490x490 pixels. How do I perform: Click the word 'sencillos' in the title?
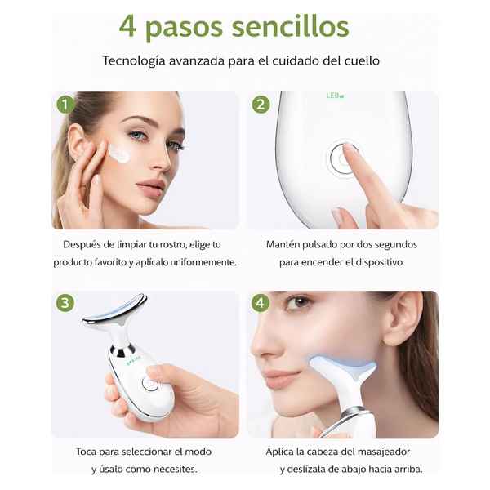coord(290,27)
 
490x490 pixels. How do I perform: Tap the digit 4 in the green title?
coord(127,27)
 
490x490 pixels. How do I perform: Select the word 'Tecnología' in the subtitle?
coord(134,60)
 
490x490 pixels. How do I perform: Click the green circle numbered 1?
coord(65,105)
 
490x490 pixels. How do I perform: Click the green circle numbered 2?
coord(261,105)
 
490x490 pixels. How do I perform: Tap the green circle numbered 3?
coord(65,303)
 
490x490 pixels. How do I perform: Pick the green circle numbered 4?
coord(261,302)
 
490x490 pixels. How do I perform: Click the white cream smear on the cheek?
coord(119,153)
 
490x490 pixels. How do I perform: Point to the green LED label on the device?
coord(335,96)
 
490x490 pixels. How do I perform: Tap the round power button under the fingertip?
coord(341,158)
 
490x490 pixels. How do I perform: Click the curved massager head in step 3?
coord(115,309)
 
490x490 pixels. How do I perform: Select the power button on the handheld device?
coord(149,384)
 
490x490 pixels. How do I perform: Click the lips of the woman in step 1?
coord(150,187)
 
